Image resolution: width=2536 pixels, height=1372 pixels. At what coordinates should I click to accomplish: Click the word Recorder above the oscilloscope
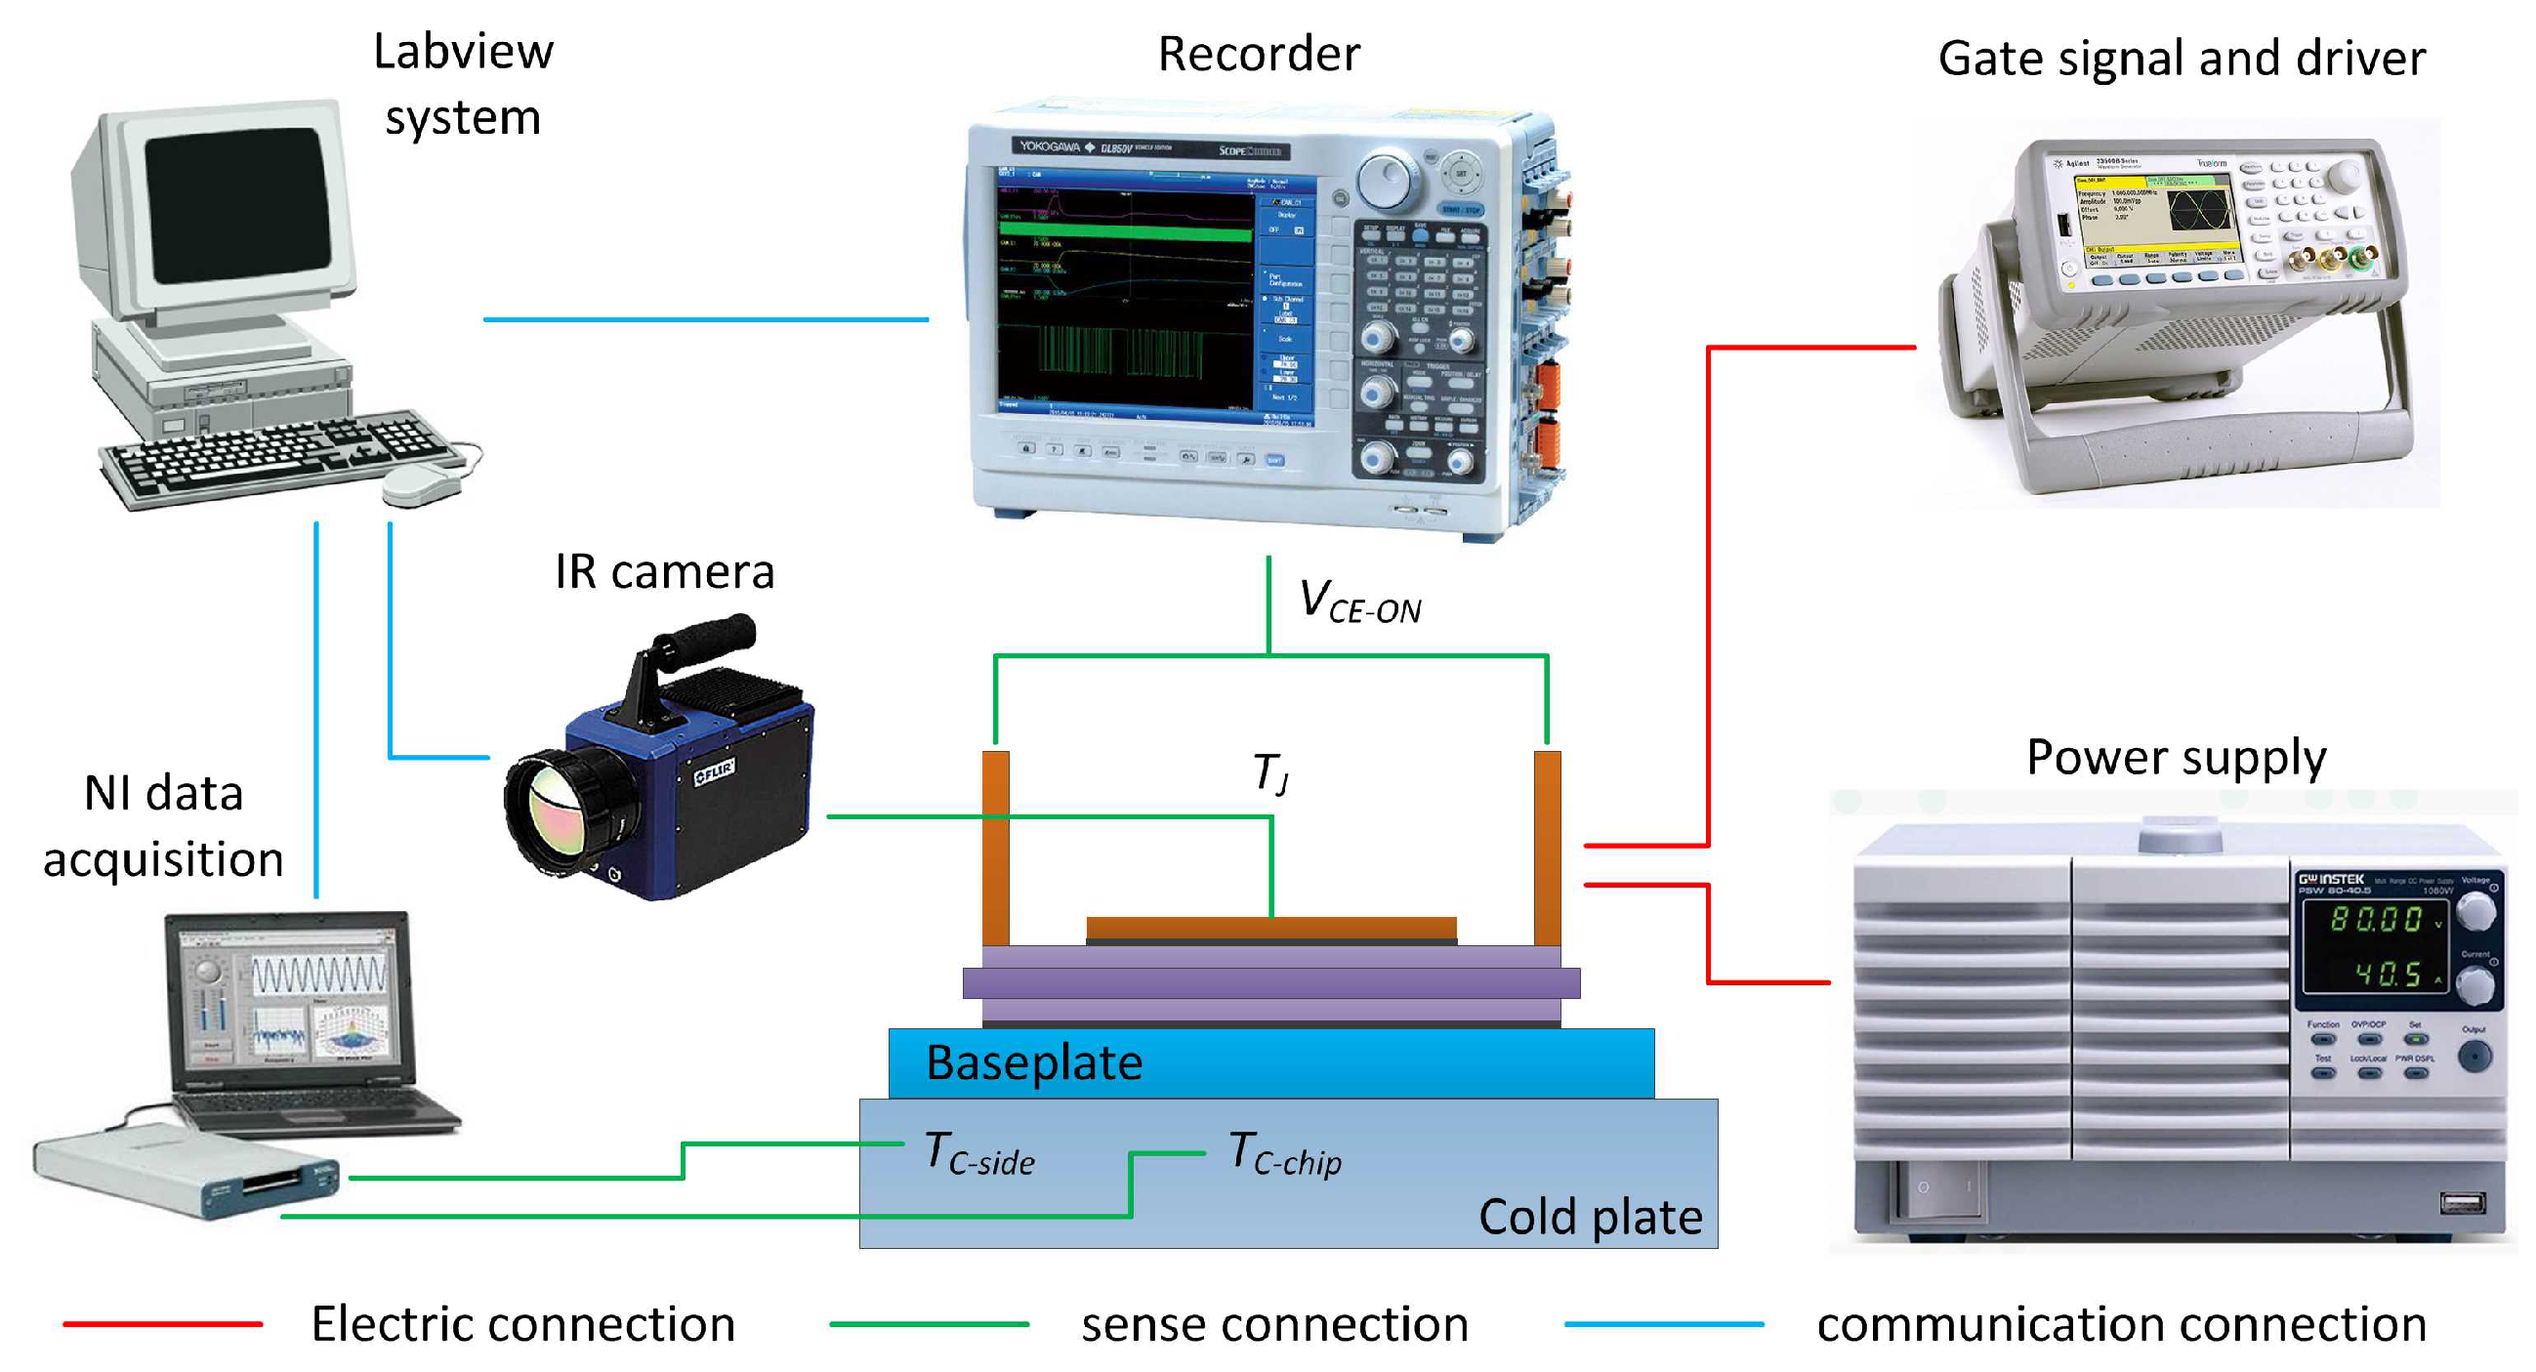coord(1258,54)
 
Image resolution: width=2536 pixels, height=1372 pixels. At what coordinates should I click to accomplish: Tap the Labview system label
coord(463,85)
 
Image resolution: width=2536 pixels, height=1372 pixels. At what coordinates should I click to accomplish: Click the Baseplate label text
coord(1034,1063)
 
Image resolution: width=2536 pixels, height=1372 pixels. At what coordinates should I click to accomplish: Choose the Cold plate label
coord(1590,1218)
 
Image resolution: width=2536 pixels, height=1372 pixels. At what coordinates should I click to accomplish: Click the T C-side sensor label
coord(978,1153)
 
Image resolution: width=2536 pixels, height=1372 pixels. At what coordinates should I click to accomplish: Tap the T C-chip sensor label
coord(1285,1153)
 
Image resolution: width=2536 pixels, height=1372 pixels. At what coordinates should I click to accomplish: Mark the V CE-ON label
coord(1358,603)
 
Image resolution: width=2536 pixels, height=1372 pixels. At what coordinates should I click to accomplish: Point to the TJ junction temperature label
coord(1270,773)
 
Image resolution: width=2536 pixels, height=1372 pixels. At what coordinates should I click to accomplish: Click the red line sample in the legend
coord(162,1325)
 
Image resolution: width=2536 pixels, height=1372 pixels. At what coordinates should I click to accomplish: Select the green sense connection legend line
coord(929,1325)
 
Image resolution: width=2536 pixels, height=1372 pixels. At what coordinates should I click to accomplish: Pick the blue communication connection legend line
coord(1664,1325)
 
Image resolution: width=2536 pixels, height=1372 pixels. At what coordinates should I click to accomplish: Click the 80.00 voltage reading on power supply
coord(2375,919)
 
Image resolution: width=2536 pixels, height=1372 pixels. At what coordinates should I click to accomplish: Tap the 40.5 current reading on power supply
coord(2387,975)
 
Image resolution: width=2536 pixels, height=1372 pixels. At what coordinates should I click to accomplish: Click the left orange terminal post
coord(995,847)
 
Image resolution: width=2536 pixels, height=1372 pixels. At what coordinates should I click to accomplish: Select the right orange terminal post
coord(1547,847)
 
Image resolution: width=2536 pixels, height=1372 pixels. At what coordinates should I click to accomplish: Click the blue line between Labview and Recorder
coord(705,319)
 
